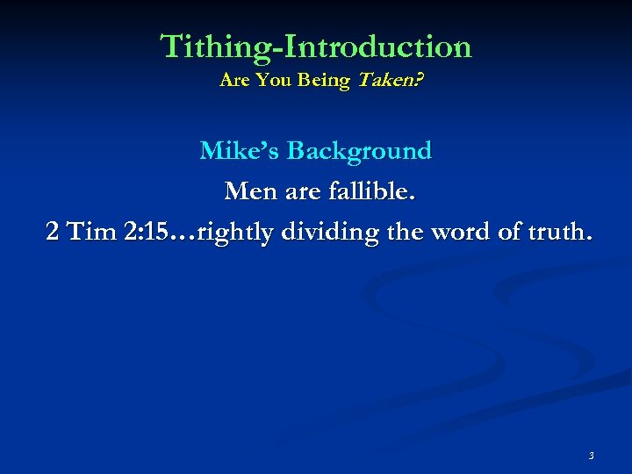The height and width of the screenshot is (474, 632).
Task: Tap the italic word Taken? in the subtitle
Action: click(388, 81)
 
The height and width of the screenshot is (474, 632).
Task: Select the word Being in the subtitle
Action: click(325, 81)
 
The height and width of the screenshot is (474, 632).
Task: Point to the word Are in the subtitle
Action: click(234, 81)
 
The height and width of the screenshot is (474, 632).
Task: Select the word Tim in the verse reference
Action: click(91, 232)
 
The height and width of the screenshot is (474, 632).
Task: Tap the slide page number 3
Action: click(591, 456)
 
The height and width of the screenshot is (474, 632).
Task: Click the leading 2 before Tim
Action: click(54, 232)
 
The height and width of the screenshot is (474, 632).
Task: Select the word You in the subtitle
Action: click(276, 81)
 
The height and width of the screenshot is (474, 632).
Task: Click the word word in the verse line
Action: click(453, 232)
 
